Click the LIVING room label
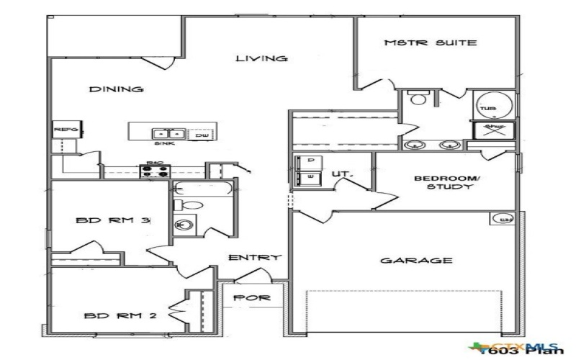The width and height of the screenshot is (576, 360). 262,58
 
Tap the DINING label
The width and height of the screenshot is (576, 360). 116,89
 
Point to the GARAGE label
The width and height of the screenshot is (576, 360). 417,261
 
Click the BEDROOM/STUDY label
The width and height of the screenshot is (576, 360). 445,182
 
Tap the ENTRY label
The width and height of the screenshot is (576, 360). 254,258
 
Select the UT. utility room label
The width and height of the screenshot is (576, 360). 340,174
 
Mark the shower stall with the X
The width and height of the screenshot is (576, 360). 494,130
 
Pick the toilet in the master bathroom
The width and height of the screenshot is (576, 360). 416,101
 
